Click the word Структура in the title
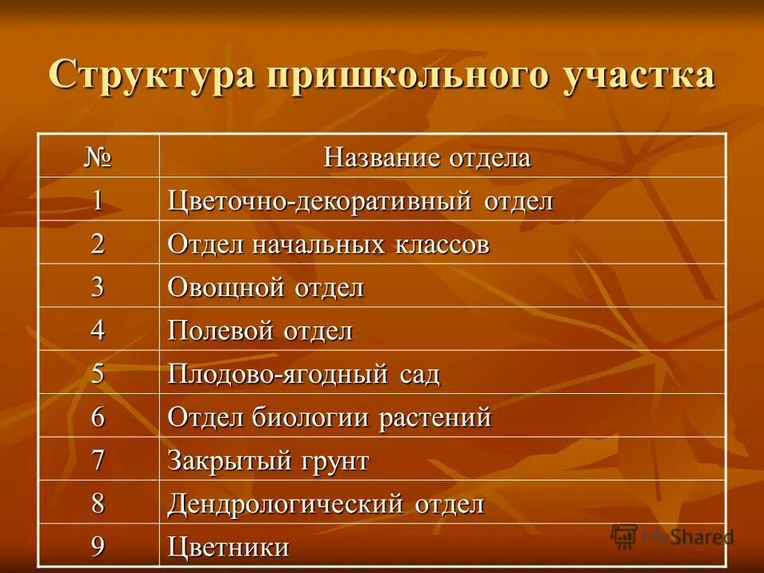click(151, 76)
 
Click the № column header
click(98, 157)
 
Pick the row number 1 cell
click(98, 201)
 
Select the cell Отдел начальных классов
click(328, 244)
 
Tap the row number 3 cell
click(98, 287)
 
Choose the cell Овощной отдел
click(266, 287)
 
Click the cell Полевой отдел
click(259, 330)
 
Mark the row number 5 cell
click(98, 373)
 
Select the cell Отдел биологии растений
click(329, 417)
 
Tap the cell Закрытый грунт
click(268, 461)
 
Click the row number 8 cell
click(98, 504)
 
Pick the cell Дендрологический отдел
click(325, 504)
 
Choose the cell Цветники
click(228, 547)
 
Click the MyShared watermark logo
click(672, 536)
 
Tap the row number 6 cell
click(98, 417)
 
